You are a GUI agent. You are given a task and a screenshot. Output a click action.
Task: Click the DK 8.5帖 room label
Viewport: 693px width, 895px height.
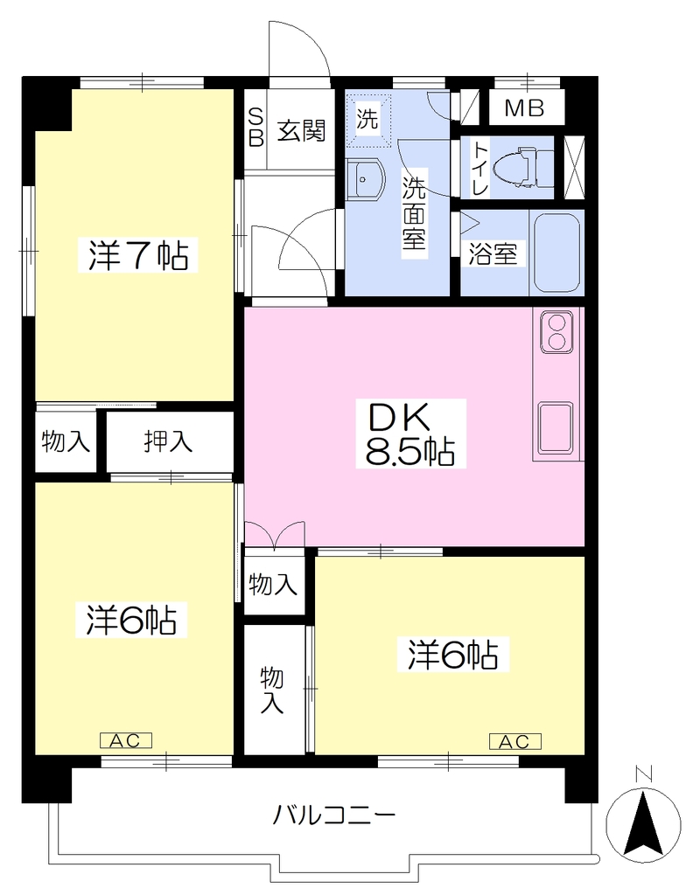coord(410,434)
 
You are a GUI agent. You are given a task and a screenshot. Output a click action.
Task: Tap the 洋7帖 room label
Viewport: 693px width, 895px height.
coord(137,255)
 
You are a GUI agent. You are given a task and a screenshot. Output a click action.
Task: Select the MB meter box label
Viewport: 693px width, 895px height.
coord(525,108)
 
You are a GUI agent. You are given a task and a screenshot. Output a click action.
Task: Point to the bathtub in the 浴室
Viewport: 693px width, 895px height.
coord(556,253)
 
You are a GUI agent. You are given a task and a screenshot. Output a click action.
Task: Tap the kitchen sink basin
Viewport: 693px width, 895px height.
coord(555,426)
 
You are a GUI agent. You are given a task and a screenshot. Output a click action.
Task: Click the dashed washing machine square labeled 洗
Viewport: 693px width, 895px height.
coord(367,119)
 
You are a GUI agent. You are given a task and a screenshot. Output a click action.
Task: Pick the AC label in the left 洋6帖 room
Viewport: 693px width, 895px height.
coord(125,740)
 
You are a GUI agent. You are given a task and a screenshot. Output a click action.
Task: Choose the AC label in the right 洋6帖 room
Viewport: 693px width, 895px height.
coord(514,741)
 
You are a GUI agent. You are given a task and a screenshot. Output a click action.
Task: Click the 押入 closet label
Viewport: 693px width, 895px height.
coord(168,441)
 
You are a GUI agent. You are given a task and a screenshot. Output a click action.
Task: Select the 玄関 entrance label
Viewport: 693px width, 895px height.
coord(302,131)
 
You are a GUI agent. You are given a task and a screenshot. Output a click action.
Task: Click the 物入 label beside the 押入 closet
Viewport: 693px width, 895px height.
coord(66,441)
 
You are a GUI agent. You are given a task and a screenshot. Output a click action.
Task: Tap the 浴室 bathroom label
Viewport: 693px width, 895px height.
coord(493,253)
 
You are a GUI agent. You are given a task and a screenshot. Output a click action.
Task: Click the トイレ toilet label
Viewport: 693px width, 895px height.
coord(479,169)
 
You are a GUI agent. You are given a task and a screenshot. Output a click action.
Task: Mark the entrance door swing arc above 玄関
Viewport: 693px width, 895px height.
coord(313,36)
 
